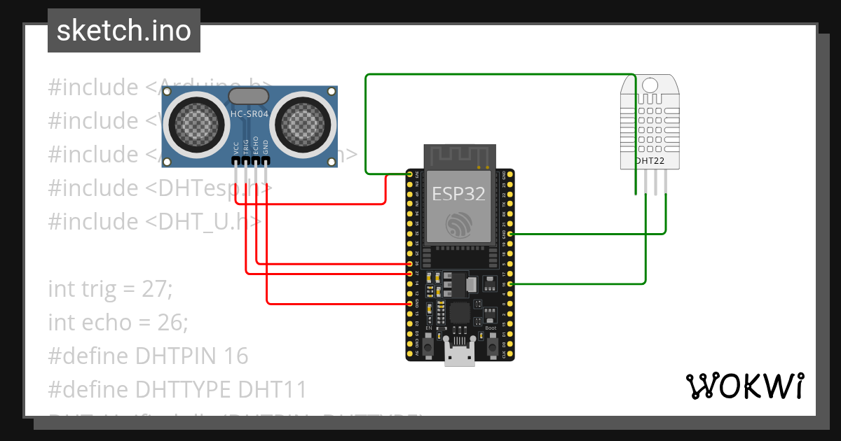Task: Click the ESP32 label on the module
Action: click(458, 193)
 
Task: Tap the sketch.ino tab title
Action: click(124, 31)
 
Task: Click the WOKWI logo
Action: click(744, 386)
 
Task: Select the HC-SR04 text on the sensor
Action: click(249, 113)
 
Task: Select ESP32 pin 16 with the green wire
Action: click(510, 283)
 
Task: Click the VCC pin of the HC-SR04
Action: click(235, 162)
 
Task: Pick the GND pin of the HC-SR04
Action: click(266, 162)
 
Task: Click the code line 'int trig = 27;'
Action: click(110, 288)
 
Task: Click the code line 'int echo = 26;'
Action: click(118, 322)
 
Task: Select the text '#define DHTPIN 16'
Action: click(148, 356)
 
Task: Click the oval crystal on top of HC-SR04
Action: click(249, 96)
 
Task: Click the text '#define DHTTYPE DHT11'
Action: click(177, 389)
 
